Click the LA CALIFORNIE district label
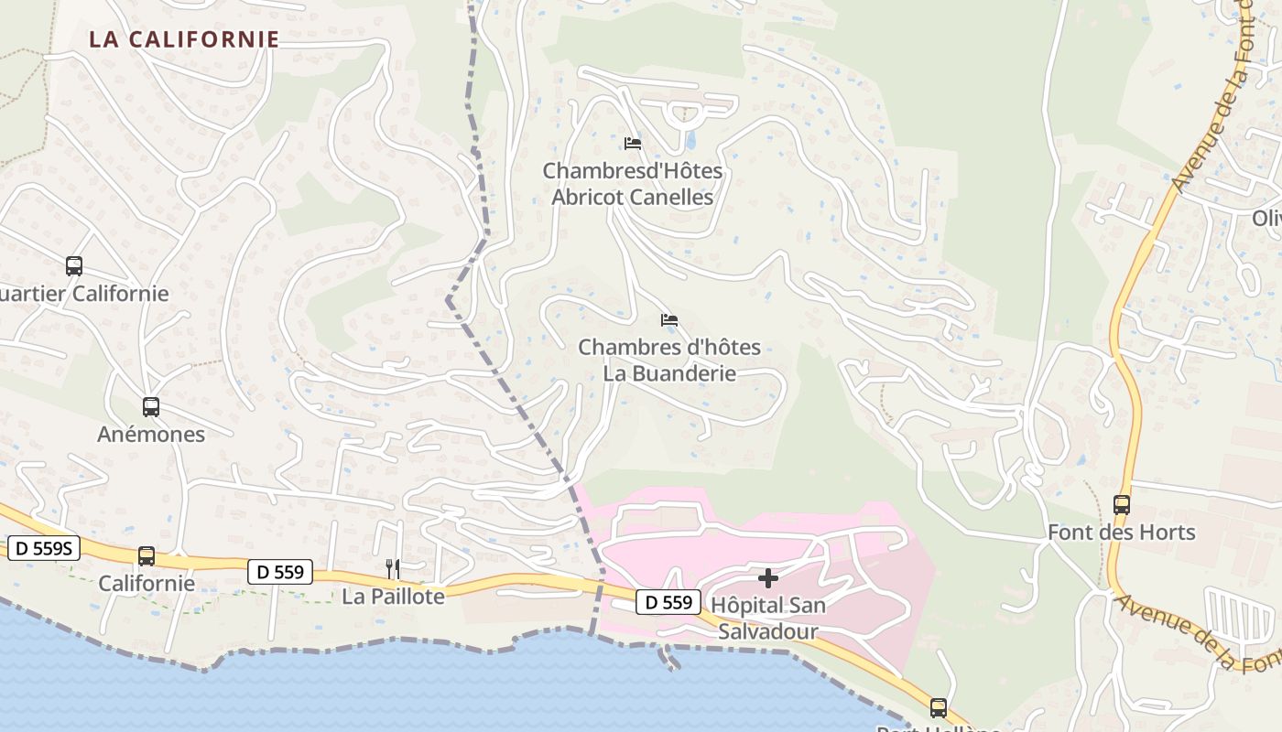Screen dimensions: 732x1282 pyautogui.click(x=184, y=39)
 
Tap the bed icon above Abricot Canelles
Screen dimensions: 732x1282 pyautogui.click(x=632, y=143)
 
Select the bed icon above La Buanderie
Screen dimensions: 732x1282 pyautogui.click(x=669, y=320)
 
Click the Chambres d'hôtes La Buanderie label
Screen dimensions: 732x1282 pyautogui.click(x=669, y=361)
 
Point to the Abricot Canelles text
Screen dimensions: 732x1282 pyautogui.click(x=632, y=197)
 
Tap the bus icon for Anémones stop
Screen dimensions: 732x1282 pyautogui.click(x=151, y=407)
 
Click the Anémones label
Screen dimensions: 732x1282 pyautogui.click(x=151, y=434)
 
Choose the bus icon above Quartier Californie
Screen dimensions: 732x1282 pyautogui.click(x=74, y=266)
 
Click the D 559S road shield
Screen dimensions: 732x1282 pyautogui.click(x=44, y=548)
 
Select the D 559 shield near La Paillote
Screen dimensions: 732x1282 pyautogui.click(x=280, y=572)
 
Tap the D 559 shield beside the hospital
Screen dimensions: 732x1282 pyautogui.click(x=668, y=601)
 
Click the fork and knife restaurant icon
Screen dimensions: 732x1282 pyautogui.click(x=393, y=569)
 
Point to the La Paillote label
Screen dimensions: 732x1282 pyautogui.click(x=393, y=597)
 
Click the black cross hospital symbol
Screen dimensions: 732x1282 pyautogui.click(x=768, y=578)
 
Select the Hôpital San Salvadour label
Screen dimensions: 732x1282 pyautogui.click(x=768, y=619)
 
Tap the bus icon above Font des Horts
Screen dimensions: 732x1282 pyautogui.click(x=1121, y=504)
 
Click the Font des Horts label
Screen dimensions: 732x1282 pyautogui.click(x=1121, y=532)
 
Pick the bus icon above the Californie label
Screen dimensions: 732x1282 pyautogui.click(x=147, y=555)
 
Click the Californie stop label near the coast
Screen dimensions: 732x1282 pyautogui.click(x=147, y=583)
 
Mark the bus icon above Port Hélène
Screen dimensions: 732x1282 pyautogui.click(x=939, y=707)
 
